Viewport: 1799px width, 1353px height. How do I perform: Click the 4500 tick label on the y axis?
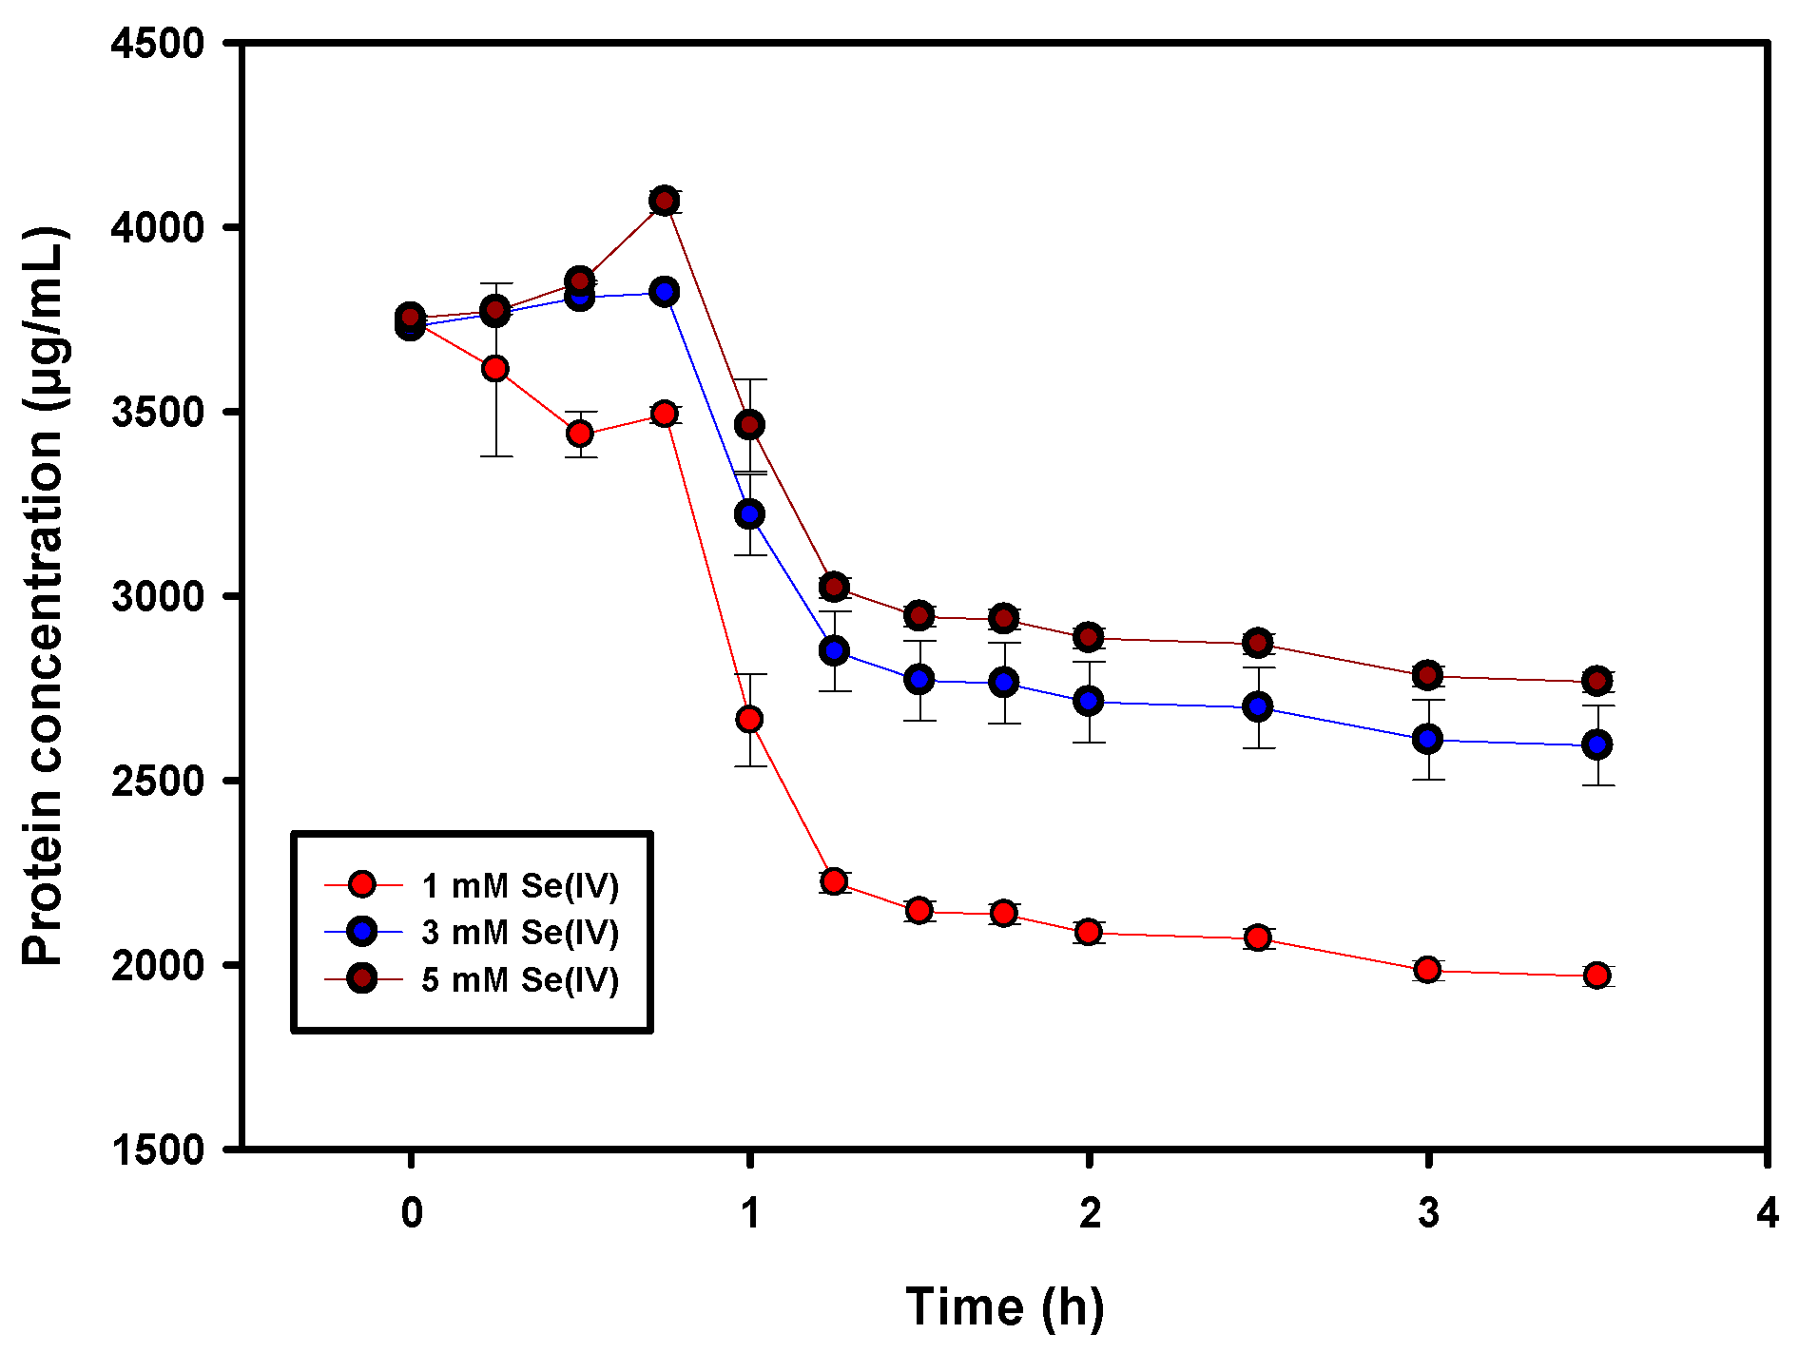tap(158, 44)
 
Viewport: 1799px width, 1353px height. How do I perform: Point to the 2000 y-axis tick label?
tap(158, 965)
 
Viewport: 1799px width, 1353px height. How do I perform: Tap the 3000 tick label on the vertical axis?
tap(158, 597)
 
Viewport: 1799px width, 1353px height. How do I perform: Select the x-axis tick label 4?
tap(1767, 1212)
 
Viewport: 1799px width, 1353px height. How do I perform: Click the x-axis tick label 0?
tap(411, 1212)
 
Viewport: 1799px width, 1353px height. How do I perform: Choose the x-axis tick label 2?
tap(1089, 1212)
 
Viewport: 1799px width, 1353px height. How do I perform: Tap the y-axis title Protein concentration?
tap(44, 596)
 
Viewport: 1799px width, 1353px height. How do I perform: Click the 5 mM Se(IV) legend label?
tap(519, 979)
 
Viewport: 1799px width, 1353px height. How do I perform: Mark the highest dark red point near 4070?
tap(665, 201)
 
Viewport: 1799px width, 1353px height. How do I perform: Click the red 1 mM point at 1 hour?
tap(749, 720)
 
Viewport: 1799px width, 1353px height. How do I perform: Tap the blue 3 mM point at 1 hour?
tap(749, 514)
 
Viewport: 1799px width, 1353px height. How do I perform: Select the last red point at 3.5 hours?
tap(1596, 976)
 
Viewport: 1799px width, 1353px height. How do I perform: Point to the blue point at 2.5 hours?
tap(1258, 706)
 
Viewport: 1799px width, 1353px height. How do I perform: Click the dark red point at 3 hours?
tap(1427, 676)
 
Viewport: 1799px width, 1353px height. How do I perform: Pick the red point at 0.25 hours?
tap(494, 369)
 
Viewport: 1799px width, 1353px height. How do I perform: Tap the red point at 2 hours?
tap(1089, 932)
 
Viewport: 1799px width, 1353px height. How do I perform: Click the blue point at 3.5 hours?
tap(1596, 744)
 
